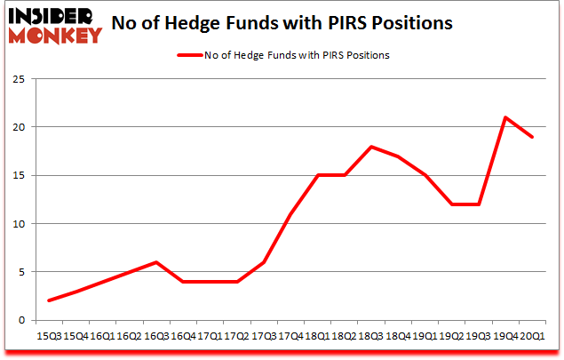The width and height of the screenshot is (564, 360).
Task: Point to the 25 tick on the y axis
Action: pyautogui.click(x=18, y=79)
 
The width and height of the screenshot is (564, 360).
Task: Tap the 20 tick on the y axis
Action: pyautogui.click(x=18, y=127)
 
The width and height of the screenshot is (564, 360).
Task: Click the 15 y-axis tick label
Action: pyautogui.click(x=18, y=175)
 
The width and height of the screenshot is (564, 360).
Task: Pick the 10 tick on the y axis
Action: pyautogui.click(x=18, y=224)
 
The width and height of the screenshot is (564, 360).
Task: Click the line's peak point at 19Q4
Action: pyautogui.click(x=504, y=117)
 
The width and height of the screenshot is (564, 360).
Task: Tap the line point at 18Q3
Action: pyautogui.click(x=370, y=147)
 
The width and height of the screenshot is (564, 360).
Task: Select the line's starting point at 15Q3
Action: pyautogui.click(x=49, y=300)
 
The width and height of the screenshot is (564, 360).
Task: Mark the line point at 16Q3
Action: pyautogui.click(x=156, y=262)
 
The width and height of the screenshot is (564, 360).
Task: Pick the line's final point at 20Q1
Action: pyautogui.click(x=531, y=137)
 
